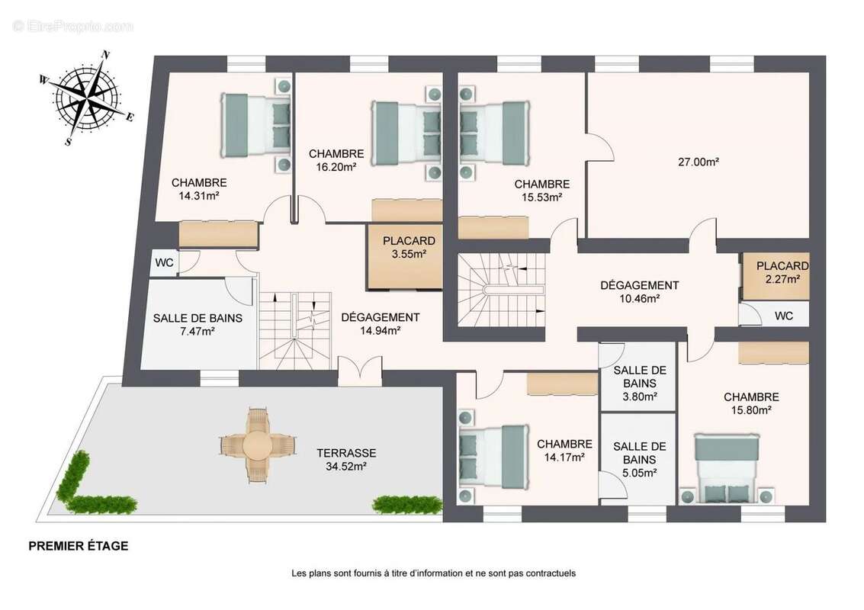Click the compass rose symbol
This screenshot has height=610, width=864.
tap(86, 98)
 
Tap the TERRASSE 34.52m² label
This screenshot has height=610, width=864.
tap(346, 460)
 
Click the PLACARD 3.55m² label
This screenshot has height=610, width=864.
tap(409, 247)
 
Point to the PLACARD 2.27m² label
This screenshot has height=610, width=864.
tap(782, 273)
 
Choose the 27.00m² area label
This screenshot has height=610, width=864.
tap(699, 162)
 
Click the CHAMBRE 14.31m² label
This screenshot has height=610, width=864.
tap(199, 189)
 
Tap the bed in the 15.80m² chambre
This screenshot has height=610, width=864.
tap(727, 468)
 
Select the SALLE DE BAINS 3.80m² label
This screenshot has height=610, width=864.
tap(640, 384)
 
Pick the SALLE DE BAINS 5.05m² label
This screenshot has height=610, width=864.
tap(640, 460)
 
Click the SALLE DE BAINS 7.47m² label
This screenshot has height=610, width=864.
tap(198, 325)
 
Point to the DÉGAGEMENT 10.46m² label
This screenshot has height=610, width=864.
tap(639, 292)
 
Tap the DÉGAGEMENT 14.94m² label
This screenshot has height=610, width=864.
tap(381, 324)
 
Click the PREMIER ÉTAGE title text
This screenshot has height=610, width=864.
tap(79, 546)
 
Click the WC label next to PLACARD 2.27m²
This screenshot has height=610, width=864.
tap(784, 316)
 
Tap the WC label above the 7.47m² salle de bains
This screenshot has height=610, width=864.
tap(164, 263)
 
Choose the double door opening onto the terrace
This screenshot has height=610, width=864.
tap(360, 371)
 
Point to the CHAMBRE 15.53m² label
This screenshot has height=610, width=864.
tap(541, 191)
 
